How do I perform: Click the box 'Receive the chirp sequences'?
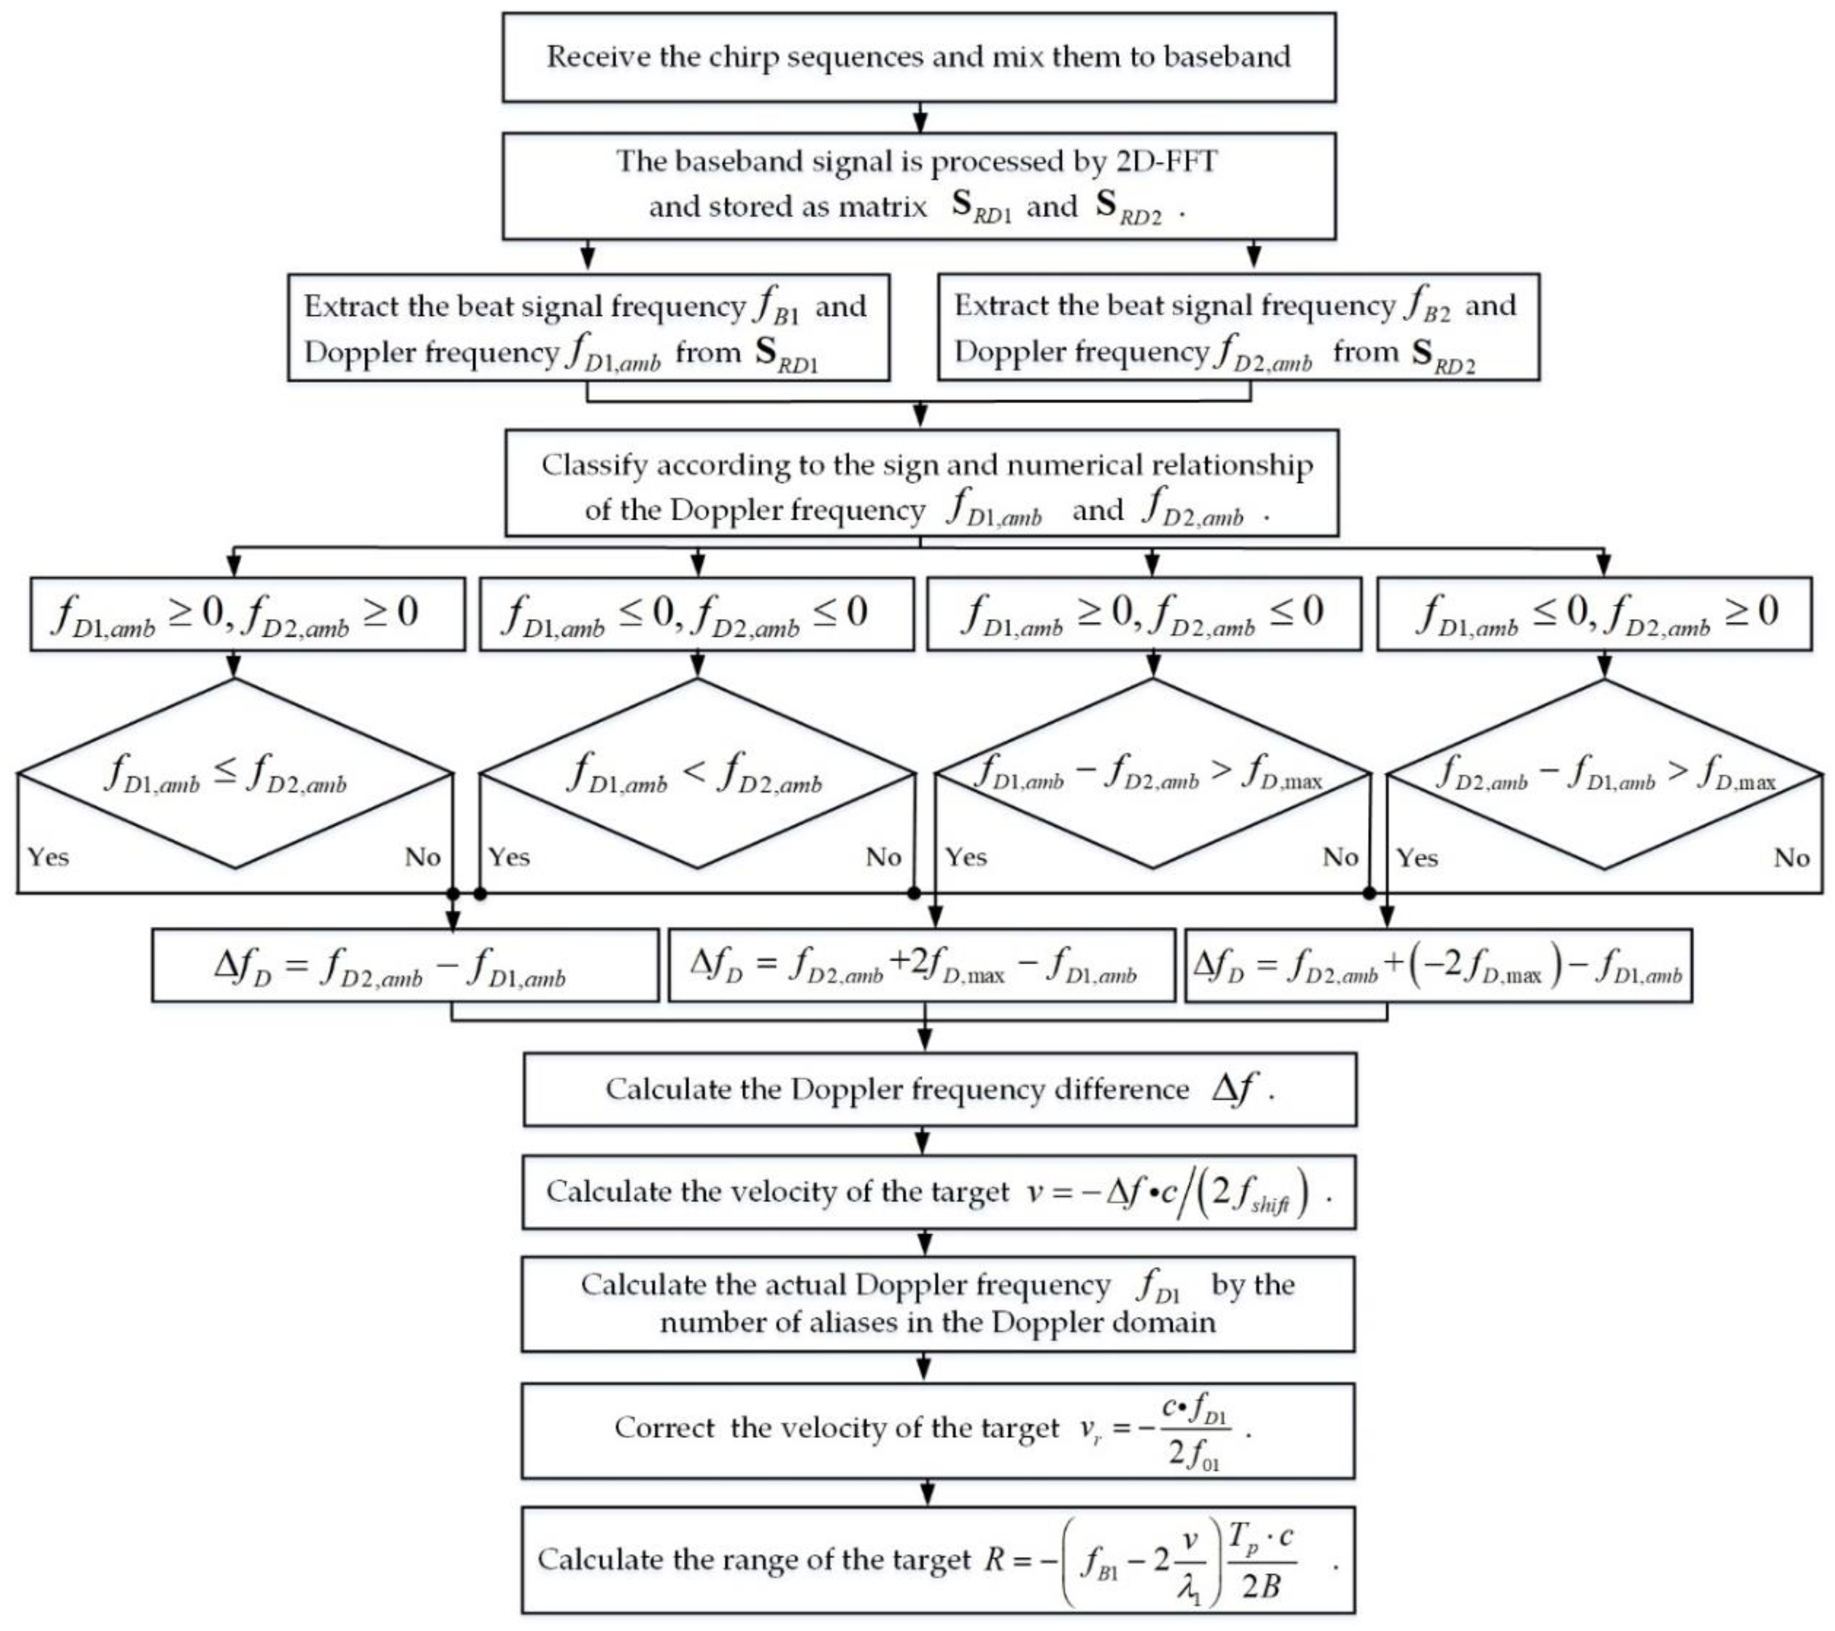[919, 56]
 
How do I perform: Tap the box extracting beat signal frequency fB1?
[588, 328]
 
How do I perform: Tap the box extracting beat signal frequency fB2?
[1238, 328]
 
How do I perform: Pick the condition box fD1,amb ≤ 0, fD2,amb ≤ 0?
[697, 614]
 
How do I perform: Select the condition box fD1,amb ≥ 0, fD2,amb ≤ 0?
[1144, 614]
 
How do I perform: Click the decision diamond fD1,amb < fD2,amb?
[697, 774]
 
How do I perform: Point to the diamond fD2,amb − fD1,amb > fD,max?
[1604, 774]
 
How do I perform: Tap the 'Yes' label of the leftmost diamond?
[48, 857]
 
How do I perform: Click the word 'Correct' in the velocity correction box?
[664, 1428]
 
